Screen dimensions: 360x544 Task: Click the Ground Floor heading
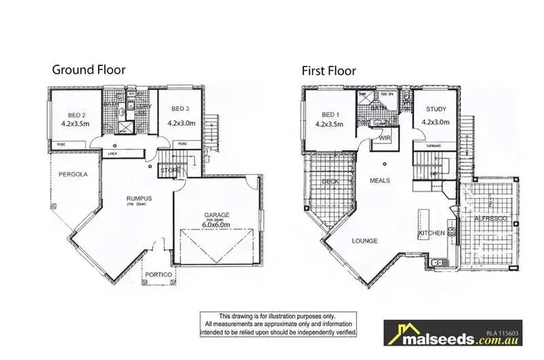pyautogui.click(x=88, y=70)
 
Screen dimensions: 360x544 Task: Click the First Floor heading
pyautogui.click(x=330, y=70)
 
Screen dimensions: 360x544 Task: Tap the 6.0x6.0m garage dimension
pyautogui.click(x=215, y=225)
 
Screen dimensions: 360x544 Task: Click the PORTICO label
pyautogui.click(x=158, y=275)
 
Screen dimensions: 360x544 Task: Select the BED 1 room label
pyautogui.click(x=329, y=114)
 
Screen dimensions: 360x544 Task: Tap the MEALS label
pyautogui.click(x=380, y=179)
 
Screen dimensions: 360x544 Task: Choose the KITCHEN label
pyautogui.click(x=431, y=234)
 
